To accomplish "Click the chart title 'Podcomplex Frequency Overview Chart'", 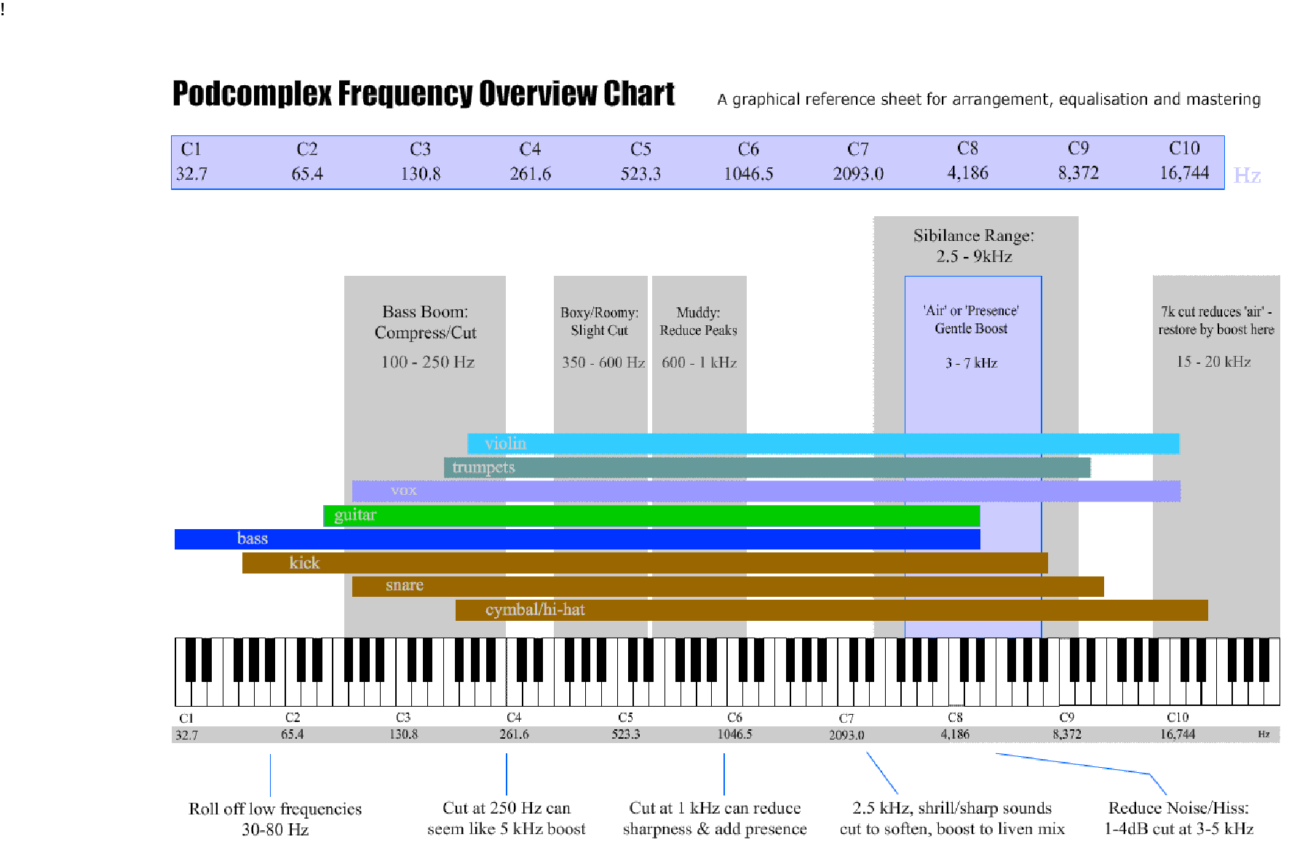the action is point(424,94).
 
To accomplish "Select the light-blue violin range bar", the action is point(823,443).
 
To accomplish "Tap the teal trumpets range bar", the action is point(767,467).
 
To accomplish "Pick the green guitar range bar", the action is point(651,515).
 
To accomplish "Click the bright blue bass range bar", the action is point(577,539).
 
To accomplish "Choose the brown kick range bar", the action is point(645,563).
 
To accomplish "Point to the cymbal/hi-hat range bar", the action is point(832,610).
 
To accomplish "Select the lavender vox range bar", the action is point(766,491).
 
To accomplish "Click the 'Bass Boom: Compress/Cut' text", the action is point(426,322).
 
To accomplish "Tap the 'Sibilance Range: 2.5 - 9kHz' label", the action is point(974,246).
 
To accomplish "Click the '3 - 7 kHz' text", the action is point(972,362).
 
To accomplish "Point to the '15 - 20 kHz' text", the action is point(1214,362).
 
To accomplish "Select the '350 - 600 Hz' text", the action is point(603,362).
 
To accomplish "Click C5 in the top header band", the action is point(640,149).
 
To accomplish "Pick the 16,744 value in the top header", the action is point(1184,173).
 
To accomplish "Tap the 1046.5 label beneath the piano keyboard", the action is point(735,734).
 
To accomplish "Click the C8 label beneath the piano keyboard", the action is point(956,718).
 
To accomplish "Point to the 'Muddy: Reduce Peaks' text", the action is point(699,322).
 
